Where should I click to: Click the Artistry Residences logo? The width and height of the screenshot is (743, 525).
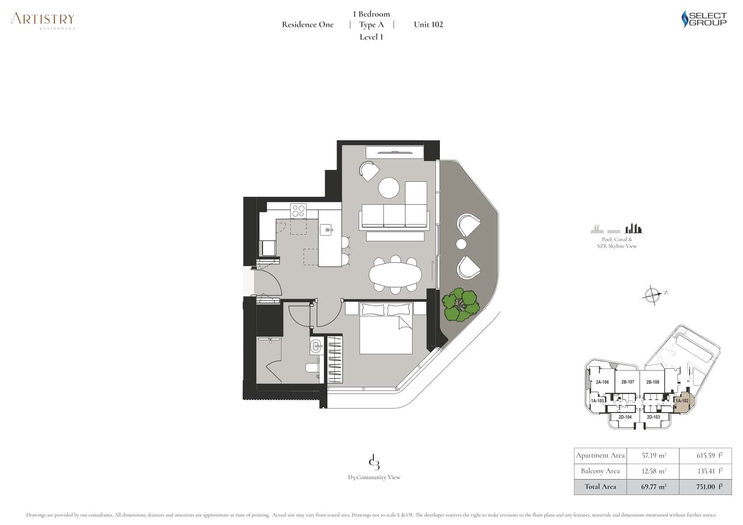[x=43, y=20]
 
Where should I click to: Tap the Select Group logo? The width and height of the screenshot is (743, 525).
[x=704, y=19]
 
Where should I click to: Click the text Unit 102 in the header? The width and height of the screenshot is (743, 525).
[x=428, y=25]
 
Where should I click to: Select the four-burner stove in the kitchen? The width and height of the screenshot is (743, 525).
[x=298, y=210]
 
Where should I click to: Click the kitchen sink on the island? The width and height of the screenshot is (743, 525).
[x=327, y=229]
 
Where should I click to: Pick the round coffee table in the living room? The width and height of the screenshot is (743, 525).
[x=389, y=188]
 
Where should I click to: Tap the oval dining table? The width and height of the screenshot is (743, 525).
[x=395, y=275]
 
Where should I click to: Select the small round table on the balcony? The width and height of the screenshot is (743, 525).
[x=461, y=244]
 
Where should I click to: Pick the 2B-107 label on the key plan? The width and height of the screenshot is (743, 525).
[x=627, y=382]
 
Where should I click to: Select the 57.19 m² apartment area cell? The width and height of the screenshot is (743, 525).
[x=653, y=456]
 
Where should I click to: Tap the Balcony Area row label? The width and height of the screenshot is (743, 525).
[x=600, y=471]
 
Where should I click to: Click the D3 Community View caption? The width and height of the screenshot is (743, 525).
[x=374, y=477]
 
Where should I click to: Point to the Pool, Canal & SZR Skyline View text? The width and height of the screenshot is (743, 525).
[x=617, y=243]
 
